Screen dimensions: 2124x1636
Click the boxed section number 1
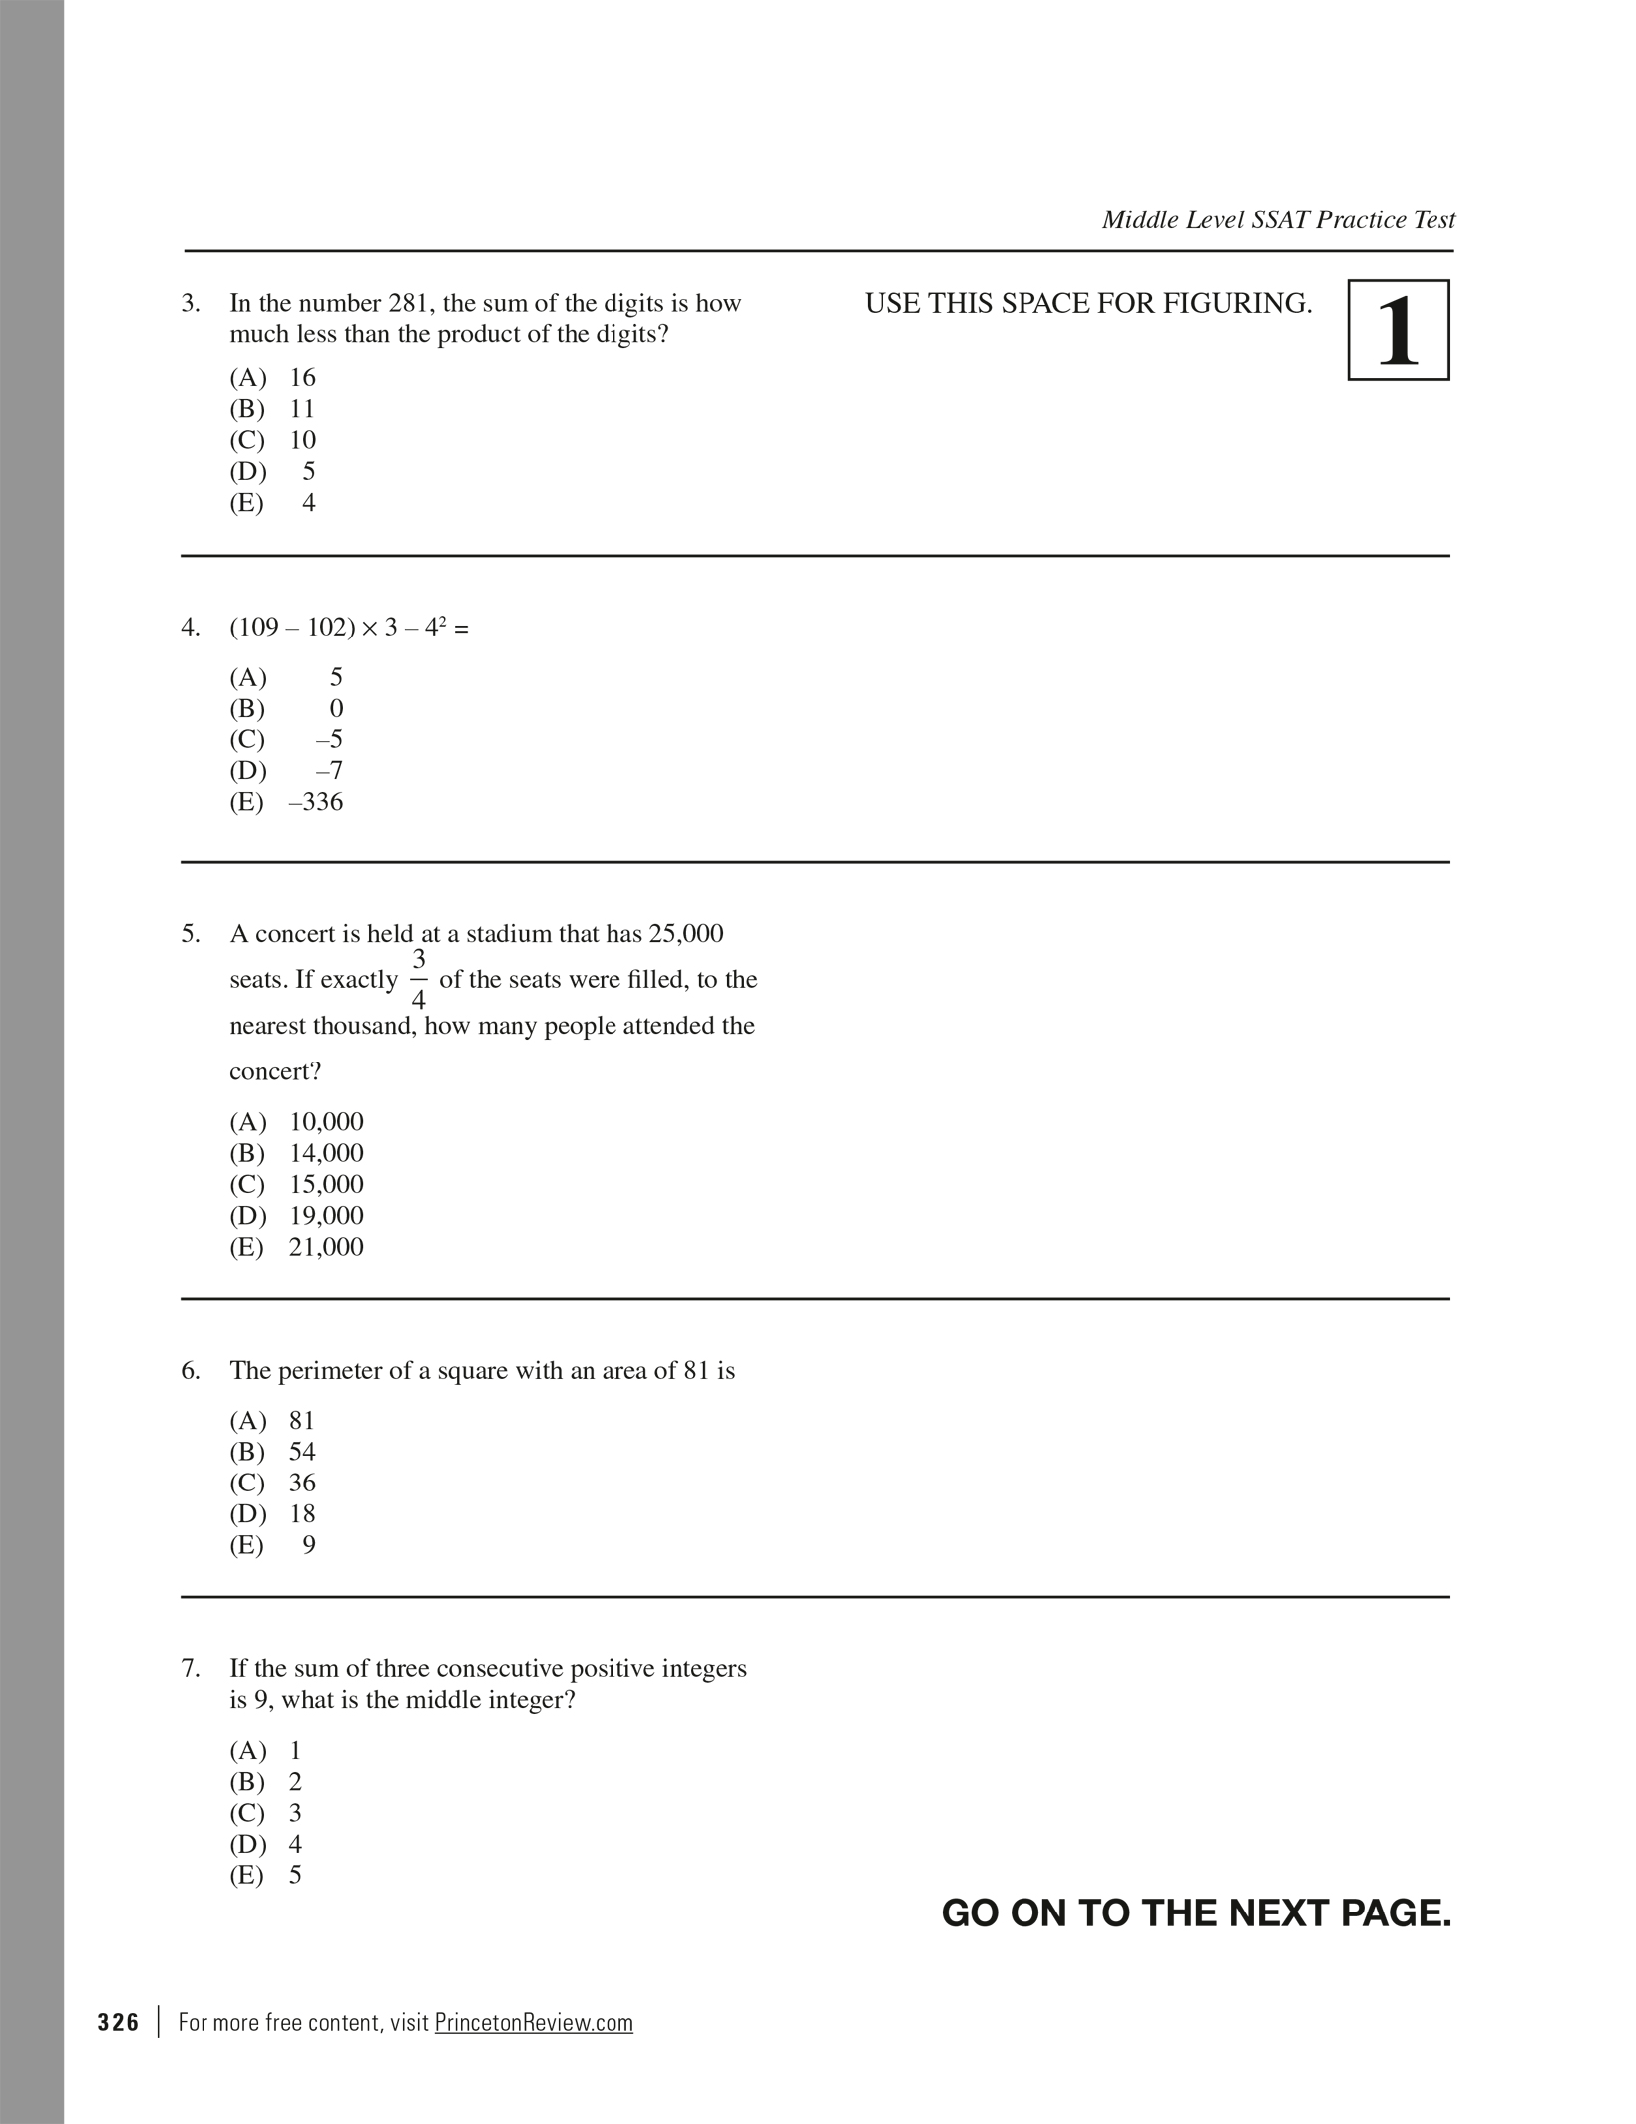point(1398,330)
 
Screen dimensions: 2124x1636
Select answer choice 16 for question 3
point(301,378)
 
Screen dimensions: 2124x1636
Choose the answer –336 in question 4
point(315,802)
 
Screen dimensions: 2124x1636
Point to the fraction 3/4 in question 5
point(419,979)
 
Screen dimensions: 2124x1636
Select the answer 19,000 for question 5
point(326,1216)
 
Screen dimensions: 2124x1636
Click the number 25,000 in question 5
point(686,934)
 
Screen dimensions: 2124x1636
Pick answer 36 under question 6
point(302,1483)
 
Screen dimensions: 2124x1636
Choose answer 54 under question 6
point(302,1452)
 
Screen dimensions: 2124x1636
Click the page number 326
point(119,2023)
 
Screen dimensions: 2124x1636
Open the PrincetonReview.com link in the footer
point(534,2023)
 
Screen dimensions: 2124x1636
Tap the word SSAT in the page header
point(1280,220)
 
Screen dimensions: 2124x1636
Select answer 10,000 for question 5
point(326,1122)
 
